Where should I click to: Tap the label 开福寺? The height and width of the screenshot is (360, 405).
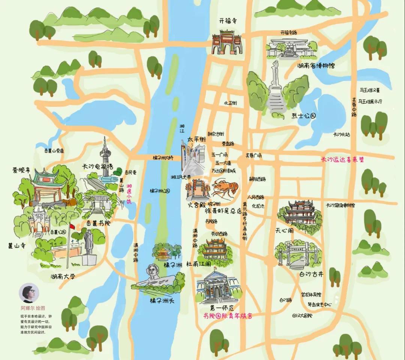click(x=229, y=22)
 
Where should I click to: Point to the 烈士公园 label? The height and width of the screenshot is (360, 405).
click(x=304, y=116)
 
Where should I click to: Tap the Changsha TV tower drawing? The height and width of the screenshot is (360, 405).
click(x=105, y=157)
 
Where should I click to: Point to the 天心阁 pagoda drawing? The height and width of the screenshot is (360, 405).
click(x=299, y=214)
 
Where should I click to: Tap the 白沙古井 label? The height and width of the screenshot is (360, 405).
click(x=311, y=274)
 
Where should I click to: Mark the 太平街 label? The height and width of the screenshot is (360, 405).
click(x=197, y=139)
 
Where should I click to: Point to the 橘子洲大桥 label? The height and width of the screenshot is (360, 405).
click(x=163, y=158)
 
